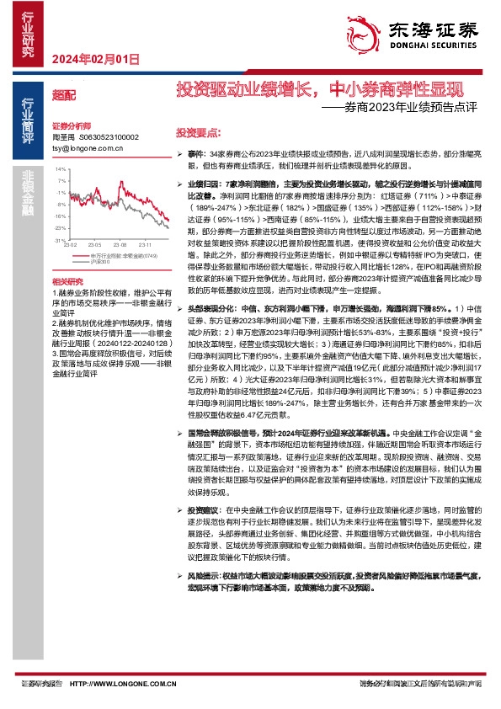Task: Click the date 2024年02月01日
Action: pyautogui.click(x=94, y=59)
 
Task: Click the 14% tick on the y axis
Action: pyautogui.click(x=60, y=169)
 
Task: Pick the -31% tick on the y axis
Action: pyautogui.click(x=59, y=240)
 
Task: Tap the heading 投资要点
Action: pyautogui.click(x=198, y=133)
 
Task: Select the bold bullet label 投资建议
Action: pyautogui.click(x=206, y=510)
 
